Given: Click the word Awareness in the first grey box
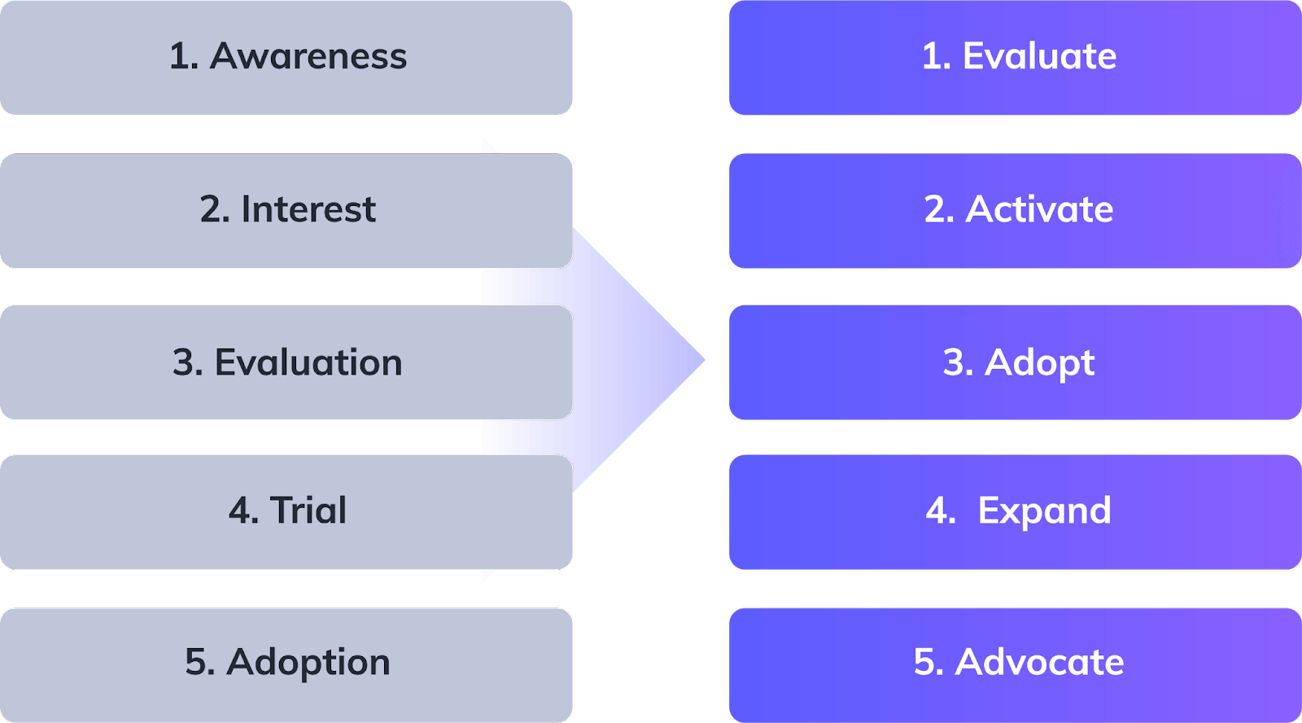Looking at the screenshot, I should click(x=308, y=56).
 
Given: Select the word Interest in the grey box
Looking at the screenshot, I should click(x=308, y=209).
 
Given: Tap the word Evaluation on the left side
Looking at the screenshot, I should click(x=308, y=362).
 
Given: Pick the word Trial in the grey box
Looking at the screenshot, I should click(x=308, y=510).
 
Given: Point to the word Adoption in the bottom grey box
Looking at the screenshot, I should click(x=308, y=662).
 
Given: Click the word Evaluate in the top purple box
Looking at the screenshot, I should click(x=1039, y=56).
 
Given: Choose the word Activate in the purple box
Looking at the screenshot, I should click(x=1039, y=209).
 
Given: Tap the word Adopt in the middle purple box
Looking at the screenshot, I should click(x=1039, y=362).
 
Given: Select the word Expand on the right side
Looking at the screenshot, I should click(x=1044, y=511).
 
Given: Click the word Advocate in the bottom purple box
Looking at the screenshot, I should click(x=1039, y=662).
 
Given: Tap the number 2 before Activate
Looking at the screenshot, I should click(x=935, y=209).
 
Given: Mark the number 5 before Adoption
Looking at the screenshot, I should click(x=195, y=662).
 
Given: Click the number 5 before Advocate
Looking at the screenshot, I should click(x=924, y=662).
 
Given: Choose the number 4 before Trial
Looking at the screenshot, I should click(x=239, y=510).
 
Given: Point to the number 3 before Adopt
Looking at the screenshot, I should click(x=954, y=362).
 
